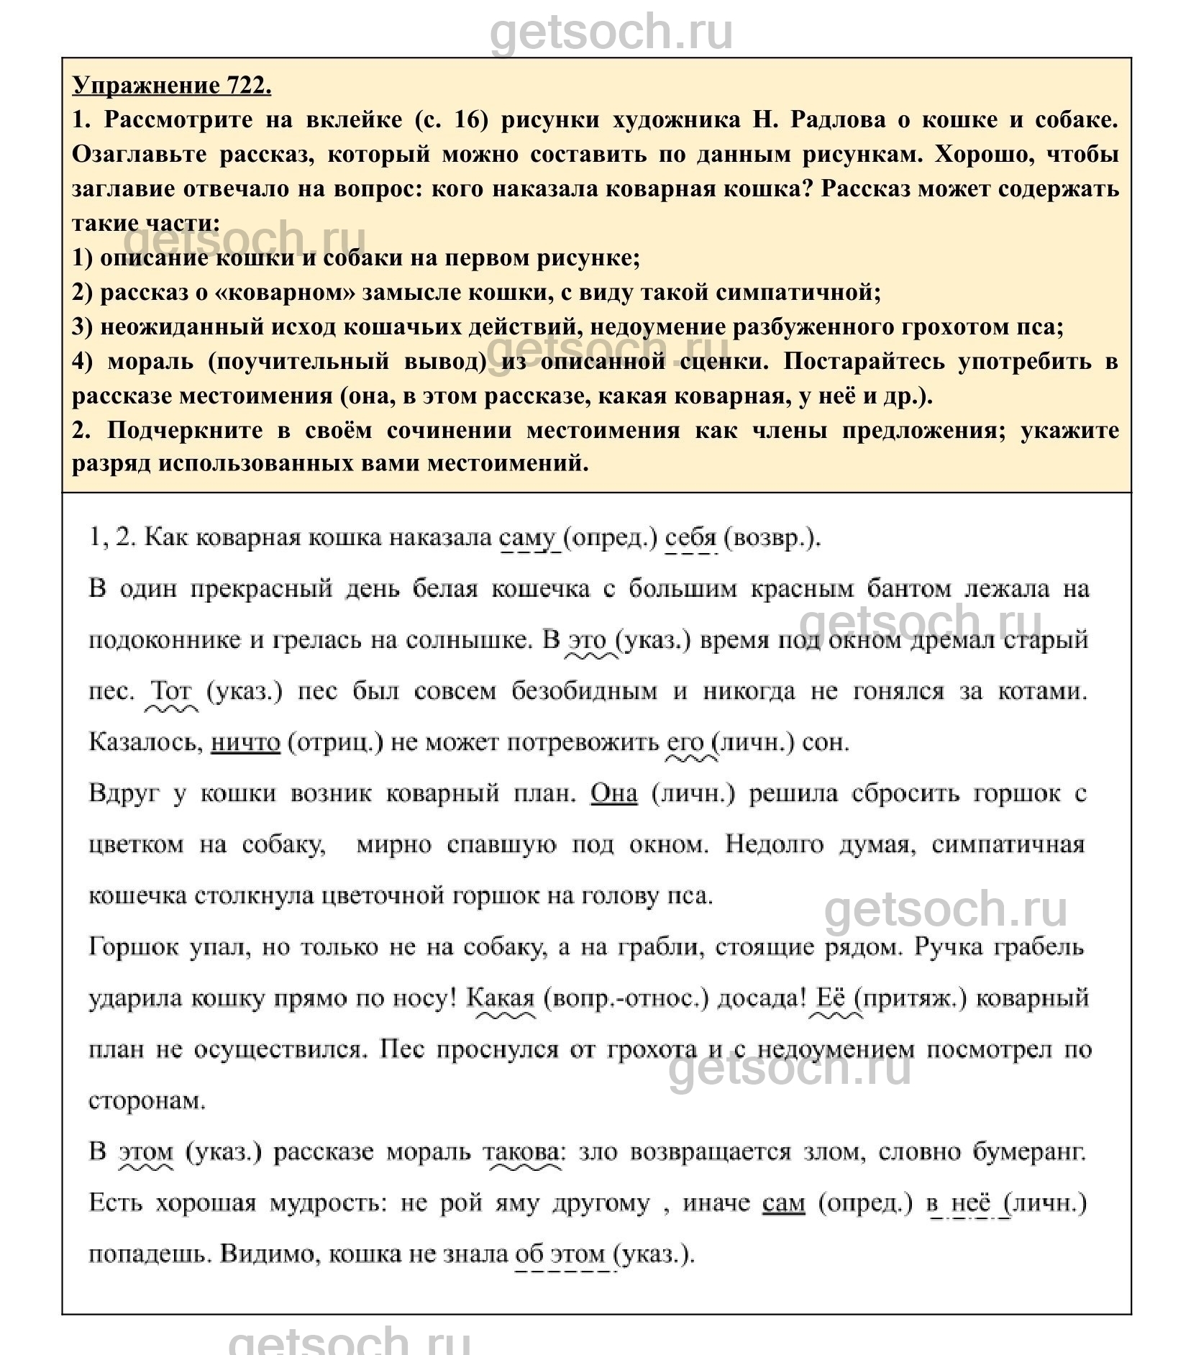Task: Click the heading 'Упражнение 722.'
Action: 172,86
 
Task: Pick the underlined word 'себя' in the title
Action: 691,538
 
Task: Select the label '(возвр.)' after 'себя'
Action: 771,538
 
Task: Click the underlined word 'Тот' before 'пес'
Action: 171,691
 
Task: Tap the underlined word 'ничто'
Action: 245,742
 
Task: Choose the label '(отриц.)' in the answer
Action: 334,742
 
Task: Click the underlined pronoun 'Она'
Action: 613,793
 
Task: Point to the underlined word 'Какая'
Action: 501,998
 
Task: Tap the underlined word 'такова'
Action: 522,1151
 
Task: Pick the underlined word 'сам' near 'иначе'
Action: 783,1203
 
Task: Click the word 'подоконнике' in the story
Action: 163,640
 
